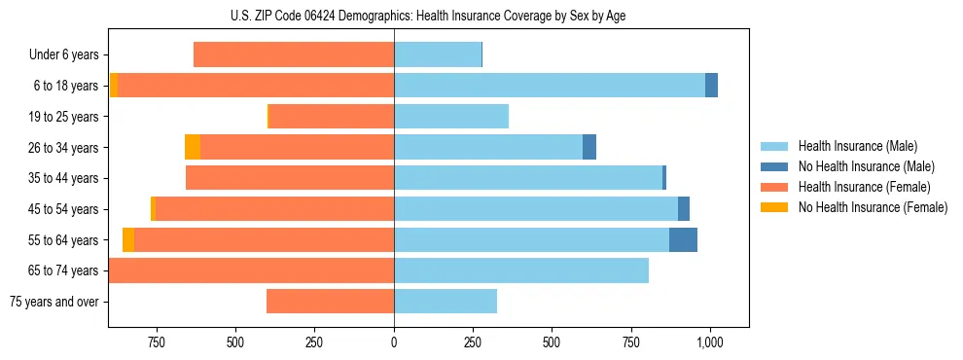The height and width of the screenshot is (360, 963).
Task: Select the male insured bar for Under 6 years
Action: (438, 54)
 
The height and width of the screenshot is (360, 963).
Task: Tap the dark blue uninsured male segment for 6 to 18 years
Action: (711, 86)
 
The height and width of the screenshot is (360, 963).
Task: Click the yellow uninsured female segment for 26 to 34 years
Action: (193, 147)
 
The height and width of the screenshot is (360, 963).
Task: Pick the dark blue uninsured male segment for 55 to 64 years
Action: (683, 239)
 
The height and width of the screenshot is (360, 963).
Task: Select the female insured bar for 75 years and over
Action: (330, 302)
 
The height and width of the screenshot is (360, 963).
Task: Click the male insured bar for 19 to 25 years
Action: (451, 117)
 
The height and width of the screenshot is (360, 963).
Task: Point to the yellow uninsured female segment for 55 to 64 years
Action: (128, 239)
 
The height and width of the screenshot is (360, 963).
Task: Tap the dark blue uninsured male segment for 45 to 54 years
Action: (684, 209)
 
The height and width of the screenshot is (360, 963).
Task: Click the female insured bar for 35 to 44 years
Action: (290, 178)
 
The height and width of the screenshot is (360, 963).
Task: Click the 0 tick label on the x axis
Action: (394, 342)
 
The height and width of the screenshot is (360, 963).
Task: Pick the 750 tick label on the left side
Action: (156, 342)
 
